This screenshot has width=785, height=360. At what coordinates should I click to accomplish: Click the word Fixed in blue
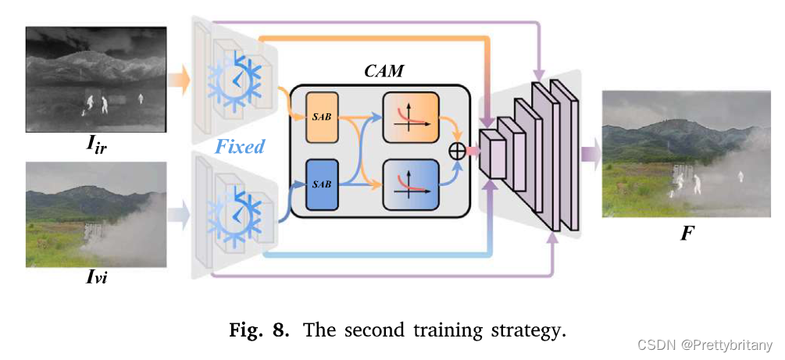[x=240, y=146]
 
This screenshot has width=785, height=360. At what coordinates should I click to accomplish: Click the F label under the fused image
[x=687, y=233]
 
